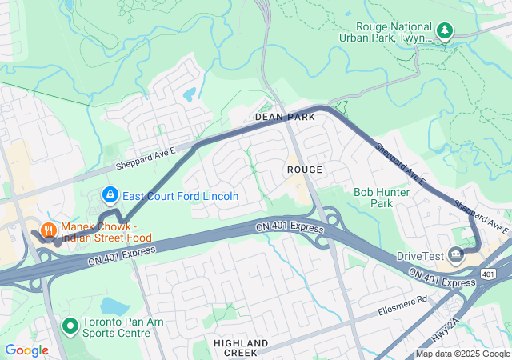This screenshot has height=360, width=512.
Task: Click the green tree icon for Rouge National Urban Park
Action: (x=445, y=31)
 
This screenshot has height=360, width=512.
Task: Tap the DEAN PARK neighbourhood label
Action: (x=285, y=117)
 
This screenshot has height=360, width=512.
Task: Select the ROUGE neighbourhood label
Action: (x=305, y=170)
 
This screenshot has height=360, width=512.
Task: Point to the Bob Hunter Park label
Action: (x=382, y=198)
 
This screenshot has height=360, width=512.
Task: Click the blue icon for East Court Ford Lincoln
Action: (x=110, y=195)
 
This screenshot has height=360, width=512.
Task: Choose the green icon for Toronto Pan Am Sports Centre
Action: (x=70, y=326)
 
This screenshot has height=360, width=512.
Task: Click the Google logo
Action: (x=26, y=350)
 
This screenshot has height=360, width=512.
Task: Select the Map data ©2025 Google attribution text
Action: (x=462, y=354)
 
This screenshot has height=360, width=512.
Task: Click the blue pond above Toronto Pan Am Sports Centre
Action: (x=115, y=306)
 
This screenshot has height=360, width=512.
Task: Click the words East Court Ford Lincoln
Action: (x=181, y=196)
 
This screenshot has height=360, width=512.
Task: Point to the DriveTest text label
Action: (x=420, y=256)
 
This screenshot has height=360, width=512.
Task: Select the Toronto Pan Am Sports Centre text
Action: (x=117, y=326)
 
